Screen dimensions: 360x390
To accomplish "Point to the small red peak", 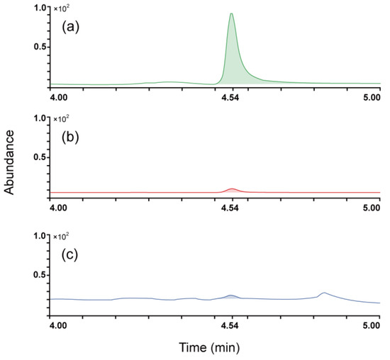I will pyautogui.click(x=232, y=189).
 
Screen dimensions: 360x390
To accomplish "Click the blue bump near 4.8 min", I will pyautogui.click(x=323, y=293).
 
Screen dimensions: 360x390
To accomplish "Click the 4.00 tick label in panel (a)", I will pyautogui.click(x=58, y=99).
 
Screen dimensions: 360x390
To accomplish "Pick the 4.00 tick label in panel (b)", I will pyautogui.click(x=58, y=208).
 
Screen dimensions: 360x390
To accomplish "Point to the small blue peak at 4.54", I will pyautogui.click(x=230, y=296).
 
